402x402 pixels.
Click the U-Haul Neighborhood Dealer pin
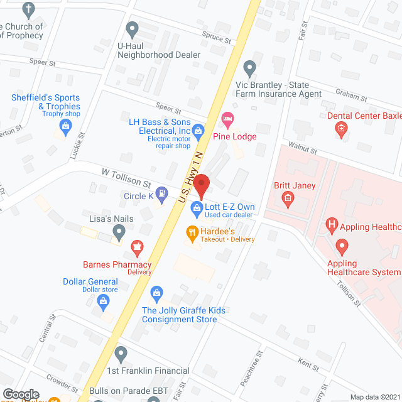tap(132, 29)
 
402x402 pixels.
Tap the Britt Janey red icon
tap(288, 200)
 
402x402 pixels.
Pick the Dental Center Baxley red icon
tap(341, 130)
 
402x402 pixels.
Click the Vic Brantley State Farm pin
tap(250, 68)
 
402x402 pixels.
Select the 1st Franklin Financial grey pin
tap(121, 353)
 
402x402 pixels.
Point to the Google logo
tap(21, 394)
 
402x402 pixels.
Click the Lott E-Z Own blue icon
tap(197, 207)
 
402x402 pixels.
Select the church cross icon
tap(28, 9)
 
